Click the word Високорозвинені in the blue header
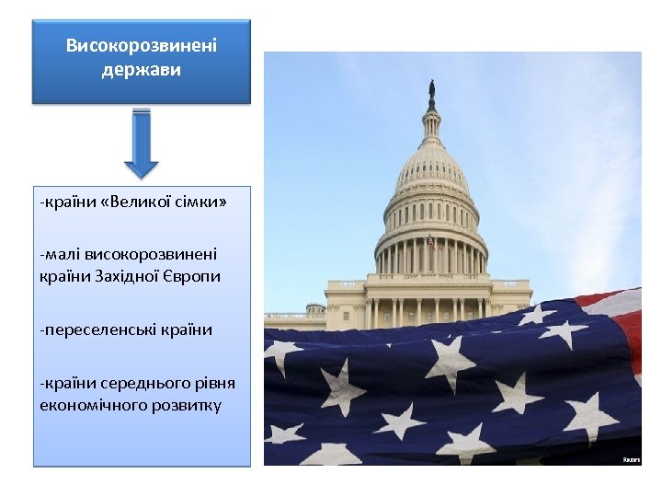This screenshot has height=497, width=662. coord(142,45)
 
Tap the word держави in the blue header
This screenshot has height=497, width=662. coord(142,69)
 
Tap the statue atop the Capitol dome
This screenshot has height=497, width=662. coord(430,91)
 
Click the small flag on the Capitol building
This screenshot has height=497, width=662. coord(431,242)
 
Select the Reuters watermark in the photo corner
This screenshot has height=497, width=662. coord(631,458)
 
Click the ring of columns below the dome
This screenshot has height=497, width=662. coord(430,256)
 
